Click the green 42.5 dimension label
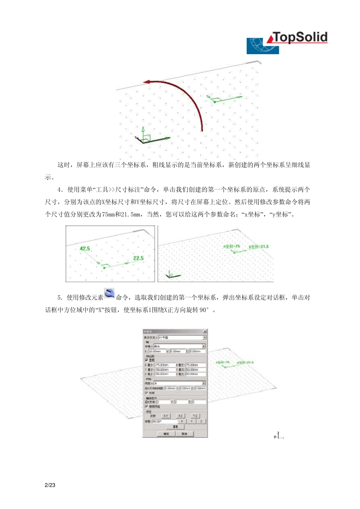[x=85, y=248]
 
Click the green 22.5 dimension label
[x=138, y=258]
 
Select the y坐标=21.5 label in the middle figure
[x=258, y=247]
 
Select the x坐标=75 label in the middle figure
[x=232, y=246]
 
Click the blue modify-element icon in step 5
[x=109, y=294]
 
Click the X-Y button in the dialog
[x=166, y=416]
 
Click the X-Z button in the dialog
[x=180, y=416]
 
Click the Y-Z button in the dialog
[x=195, y=416]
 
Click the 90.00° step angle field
[x=164, y=421]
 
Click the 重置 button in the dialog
[x=175, y=426]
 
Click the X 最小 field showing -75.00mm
[x=164, y=365]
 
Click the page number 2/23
[x=50, y=485]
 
